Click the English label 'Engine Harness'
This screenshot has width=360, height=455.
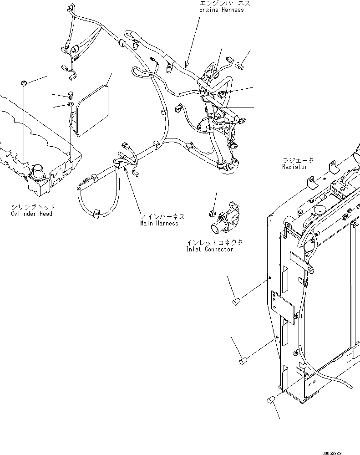pyautogui.click(x=221, y=10)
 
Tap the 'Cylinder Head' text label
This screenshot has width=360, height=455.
pyautogui.click(x=31, y=214)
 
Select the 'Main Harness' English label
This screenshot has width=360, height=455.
pyautogui.click(x=159, y=223)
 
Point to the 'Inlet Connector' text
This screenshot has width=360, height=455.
pyautogui.click(x=209, y=249)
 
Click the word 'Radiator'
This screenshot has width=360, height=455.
pyautogui.click(x=294, y=167)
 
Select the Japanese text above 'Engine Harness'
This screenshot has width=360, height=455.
pyautogui.click(x=224, y=3)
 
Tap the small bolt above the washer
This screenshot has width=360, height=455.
pyautogui.click(x=71, y=95)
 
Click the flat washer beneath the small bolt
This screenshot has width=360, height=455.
pyautogui.click(x=71, y=105)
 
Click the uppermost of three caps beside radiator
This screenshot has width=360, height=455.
pyautogui.click(x=235, y=302)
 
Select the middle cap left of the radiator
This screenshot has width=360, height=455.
pyautogui.click(x=243, y=362)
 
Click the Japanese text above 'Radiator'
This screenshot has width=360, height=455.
pyautogui.click(x=298, y=160)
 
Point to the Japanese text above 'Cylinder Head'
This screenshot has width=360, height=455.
pyautogui.click(x=33, y=207)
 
